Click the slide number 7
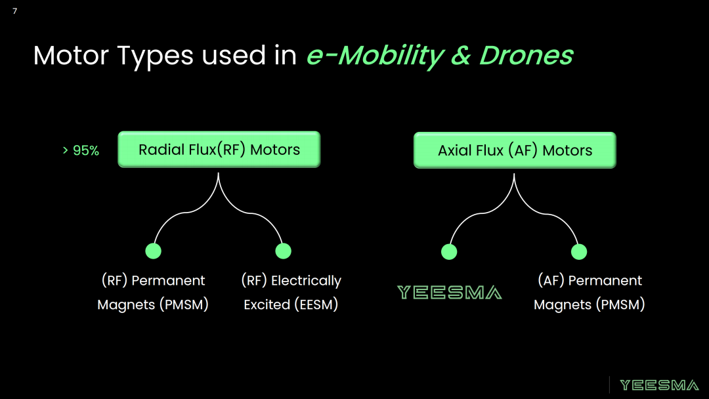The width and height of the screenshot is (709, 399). coord(15,11)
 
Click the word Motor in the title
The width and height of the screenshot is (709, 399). coord(71,55)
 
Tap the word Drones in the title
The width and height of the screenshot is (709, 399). coord(526,55)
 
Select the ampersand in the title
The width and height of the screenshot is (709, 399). coord(461,56)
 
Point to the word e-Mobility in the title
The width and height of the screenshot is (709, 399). coord(376,56)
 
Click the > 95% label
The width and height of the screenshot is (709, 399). coord(81,150)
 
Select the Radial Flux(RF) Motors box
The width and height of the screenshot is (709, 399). coord(219,150)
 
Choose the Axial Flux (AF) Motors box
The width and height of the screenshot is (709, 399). coord(515,150)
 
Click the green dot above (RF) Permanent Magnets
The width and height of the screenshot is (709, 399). coord(153,251)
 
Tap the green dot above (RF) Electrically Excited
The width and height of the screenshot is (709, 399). coord(284,251)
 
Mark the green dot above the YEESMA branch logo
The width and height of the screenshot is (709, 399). coord(449,252)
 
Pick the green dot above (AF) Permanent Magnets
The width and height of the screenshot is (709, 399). coord(579,252)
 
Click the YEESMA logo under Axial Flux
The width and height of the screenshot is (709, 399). coord(450,292)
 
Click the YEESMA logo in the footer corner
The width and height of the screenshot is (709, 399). coord(659,385)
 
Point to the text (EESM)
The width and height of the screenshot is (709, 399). coord(316,304)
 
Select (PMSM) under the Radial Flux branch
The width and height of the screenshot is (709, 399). coord(184,304)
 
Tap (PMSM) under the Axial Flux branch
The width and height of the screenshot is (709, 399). coord(620,304)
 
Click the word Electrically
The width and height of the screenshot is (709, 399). coord(306,281)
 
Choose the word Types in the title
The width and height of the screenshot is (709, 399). coord(155,56)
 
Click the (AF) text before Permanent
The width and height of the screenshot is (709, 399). coord(551,281)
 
